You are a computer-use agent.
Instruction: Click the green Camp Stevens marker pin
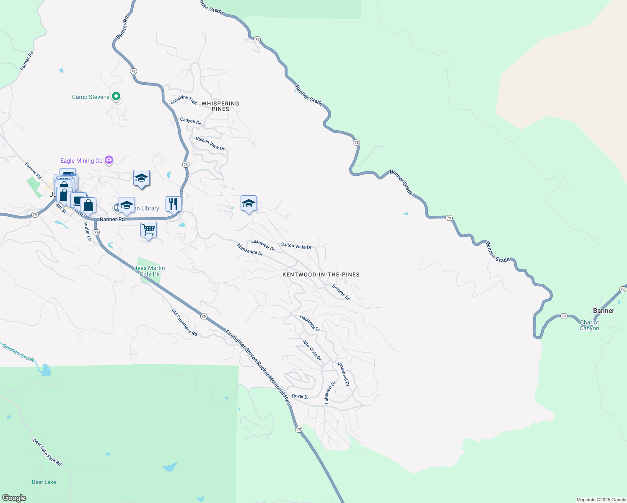[x=117, y=97]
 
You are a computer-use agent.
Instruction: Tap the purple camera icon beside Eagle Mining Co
[x=109, y=160]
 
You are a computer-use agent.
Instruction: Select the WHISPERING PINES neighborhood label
[x=220, y=106]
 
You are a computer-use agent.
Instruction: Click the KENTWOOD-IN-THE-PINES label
[x=321, y=275]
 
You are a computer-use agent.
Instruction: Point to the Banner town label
[x=604, y=311]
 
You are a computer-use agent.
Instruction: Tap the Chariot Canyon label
[x=589, y=325]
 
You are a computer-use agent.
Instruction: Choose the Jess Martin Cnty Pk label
[x=150, y=271]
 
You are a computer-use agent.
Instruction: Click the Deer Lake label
[x=44, y=482]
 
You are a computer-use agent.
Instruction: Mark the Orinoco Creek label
[x=18, y=353]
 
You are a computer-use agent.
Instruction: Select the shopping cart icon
[x=148, y=230]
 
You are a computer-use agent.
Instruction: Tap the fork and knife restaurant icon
[x=174, y=204]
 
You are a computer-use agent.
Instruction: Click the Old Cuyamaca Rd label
[x=184, y=322]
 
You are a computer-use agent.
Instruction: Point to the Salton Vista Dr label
[x=296, y=246]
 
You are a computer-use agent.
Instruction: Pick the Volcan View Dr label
[x=210, y=143]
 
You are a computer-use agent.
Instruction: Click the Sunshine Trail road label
[x=184, y=100]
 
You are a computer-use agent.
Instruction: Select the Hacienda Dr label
[x=310, y=323]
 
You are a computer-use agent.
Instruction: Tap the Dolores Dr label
[x=341, y=292]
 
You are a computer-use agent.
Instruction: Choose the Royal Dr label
[x=301, y=397]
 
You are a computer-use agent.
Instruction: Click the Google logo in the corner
[x=14, y=498]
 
